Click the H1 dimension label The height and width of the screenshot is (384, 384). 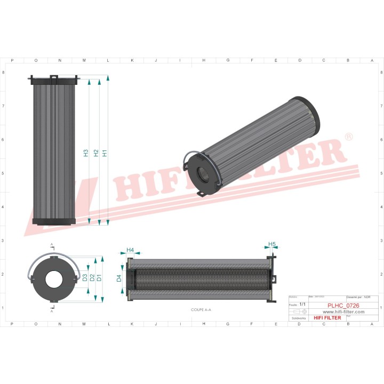coord(105,153)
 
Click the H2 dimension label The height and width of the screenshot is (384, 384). coord(96,153)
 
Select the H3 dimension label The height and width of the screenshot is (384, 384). coord(86,153)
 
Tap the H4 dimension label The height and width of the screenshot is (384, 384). coord(130,250)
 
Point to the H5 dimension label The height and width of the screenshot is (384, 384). coord(271,245)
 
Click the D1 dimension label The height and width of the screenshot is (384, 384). coord(99,278)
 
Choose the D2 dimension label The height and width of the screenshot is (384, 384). coord(92,278)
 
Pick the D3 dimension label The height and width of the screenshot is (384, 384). coord(85,278)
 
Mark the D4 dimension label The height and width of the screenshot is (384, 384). coord(119,278)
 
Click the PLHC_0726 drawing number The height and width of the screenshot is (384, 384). coord(343,306)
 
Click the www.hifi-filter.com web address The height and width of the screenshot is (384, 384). coord(343,312)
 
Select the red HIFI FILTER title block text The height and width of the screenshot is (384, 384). coord(327,318)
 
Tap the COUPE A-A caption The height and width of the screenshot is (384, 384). coord(201,309)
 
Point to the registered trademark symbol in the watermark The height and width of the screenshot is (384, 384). coord(348,138)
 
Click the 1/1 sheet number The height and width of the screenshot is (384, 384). coord(303,304)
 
